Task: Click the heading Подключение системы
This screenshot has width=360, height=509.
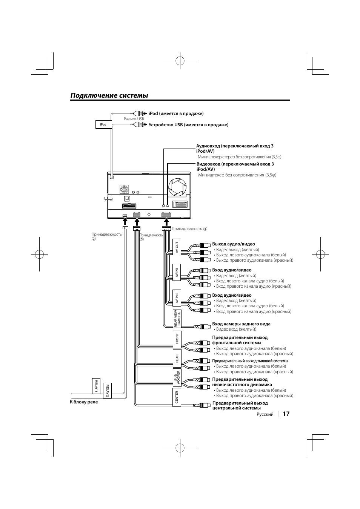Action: [x=109, y=95]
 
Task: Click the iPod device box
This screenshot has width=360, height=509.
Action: [x=103, y=124]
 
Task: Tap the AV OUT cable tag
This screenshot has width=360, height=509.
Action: [x=177, y=247]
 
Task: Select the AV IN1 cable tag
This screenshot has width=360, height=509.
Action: [x=177, y=273]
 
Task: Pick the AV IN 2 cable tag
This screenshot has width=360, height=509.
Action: [x=177, y=298]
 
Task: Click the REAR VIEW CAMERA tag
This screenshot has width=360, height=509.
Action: [x=177, y=319]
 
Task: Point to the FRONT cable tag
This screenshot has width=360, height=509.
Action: [x=177, y=340]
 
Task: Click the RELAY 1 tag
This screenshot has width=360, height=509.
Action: [x=96, y=386]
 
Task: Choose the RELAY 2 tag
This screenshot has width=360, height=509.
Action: [x=107, y=391]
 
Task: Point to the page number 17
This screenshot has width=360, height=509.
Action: [x=286, y=414]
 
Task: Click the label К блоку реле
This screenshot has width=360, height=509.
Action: [x=84, y=402]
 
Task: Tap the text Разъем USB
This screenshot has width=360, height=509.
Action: [x=134, y=119]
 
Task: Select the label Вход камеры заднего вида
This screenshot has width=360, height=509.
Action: [x=241, y=324]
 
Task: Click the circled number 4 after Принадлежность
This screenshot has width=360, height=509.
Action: [x=205, y=229]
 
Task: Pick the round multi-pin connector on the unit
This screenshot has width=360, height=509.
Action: [x=124, y=189]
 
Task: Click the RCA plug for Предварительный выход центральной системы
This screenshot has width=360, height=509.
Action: [x=202, y=405]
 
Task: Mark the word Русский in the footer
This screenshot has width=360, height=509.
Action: [x=265, y=414]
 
